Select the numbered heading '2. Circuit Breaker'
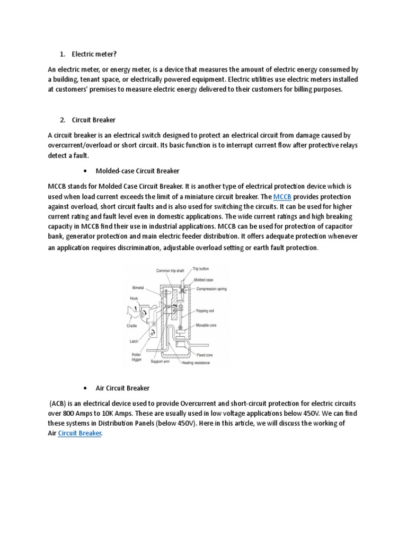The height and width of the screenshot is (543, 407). tap(94, 120)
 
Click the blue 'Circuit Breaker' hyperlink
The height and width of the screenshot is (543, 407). tap(79, 433)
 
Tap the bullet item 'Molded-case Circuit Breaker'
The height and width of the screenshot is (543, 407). tap(137, 171)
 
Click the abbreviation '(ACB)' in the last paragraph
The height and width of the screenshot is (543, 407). tap(59, 403)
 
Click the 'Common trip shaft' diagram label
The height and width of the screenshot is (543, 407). tap(170, 270)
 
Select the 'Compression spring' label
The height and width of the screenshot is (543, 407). tap(213, 289)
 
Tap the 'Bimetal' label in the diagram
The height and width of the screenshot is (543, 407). tap(138, 288)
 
